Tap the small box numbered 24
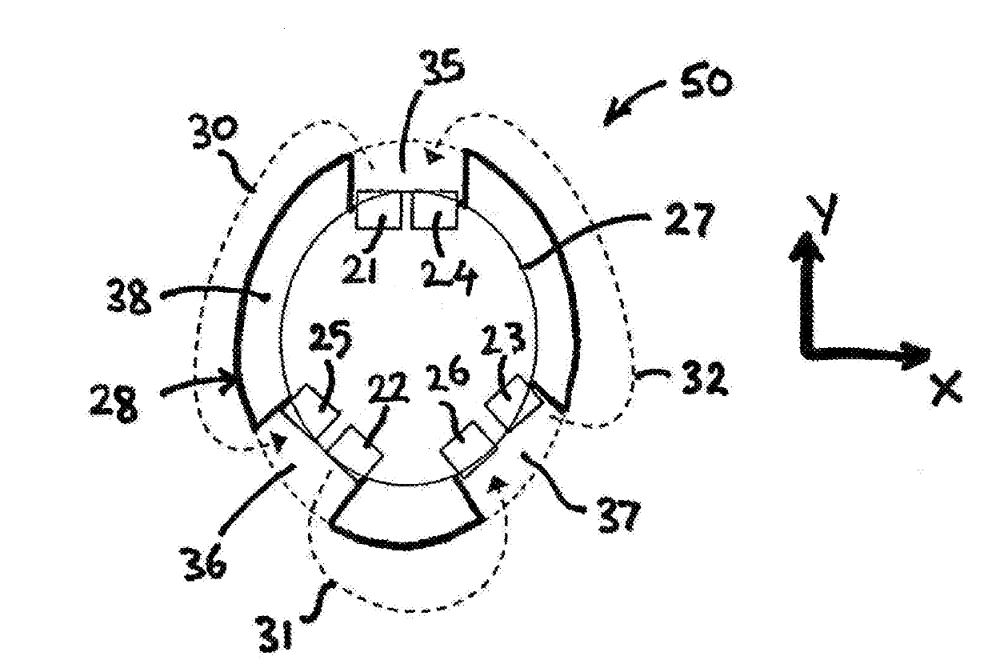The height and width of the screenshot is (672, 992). click(434, 211)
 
